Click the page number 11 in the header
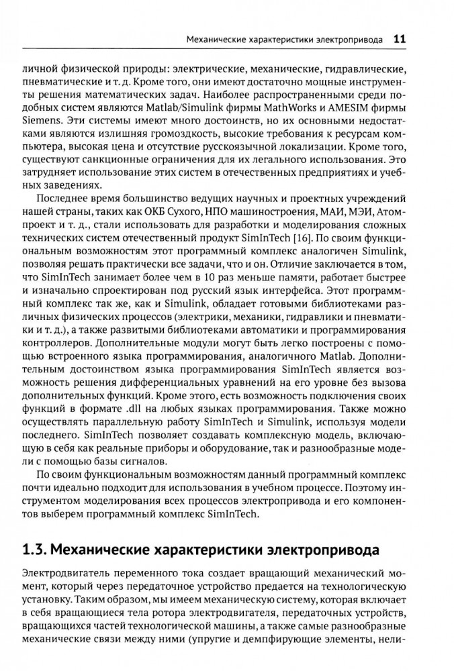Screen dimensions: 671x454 tap(398, 39)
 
